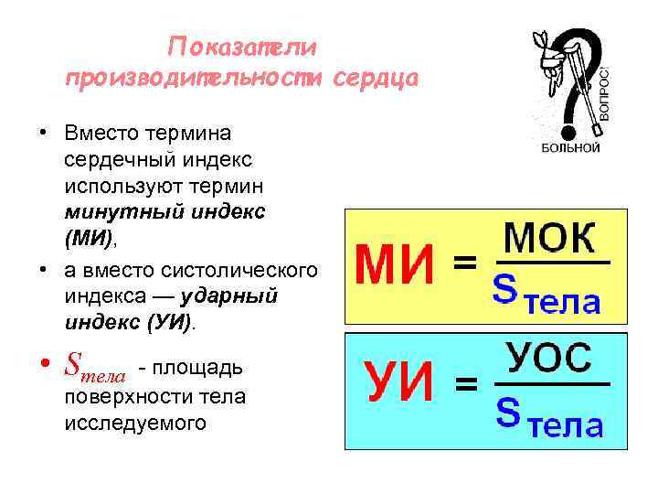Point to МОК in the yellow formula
(x=549, y=240)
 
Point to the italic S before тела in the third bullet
(x=73, y=368)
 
